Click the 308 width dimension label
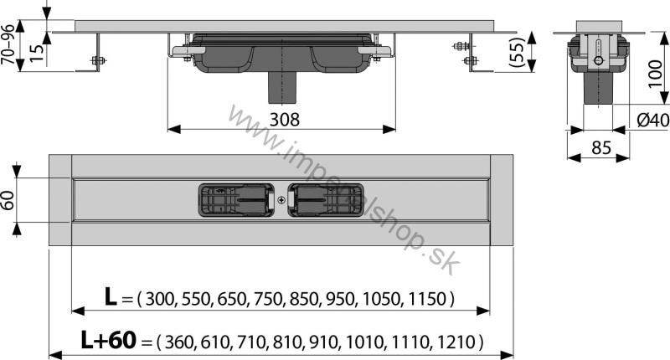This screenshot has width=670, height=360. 283,120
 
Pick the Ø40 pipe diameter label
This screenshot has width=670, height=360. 652,121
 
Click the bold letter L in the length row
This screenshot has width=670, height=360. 110,297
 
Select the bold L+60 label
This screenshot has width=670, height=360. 108,341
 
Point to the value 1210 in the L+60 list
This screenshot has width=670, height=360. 458,342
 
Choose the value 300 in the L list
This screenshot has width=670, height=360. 161,299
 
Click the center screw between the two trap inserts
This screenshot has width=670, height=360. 281,200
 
